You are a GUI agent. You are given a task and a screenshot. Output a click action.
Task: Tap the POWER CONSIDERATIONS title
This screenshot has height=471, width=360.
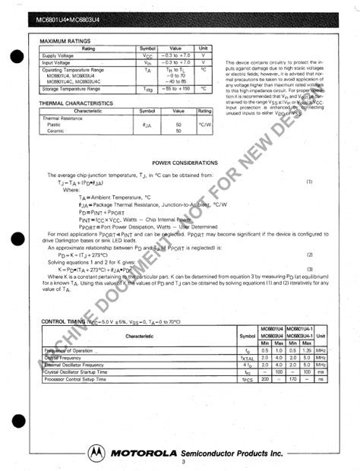click(x=185, y=163)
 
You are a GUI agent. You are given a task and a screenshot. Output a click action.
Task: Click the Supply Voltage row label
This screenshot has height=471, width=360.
click(x=58, y=55)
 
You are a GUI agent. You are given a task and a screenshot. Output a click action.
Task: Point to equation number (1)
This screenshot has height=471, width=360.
click(x=309, y=182)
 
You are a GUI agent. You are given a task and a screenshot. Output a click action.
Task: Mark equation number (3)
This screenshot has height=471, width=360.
click(x=309, y=269)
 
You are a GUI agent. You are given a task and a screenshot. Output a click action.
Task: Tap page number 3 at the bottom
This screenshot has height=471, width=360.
click(x=183, y=463)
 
